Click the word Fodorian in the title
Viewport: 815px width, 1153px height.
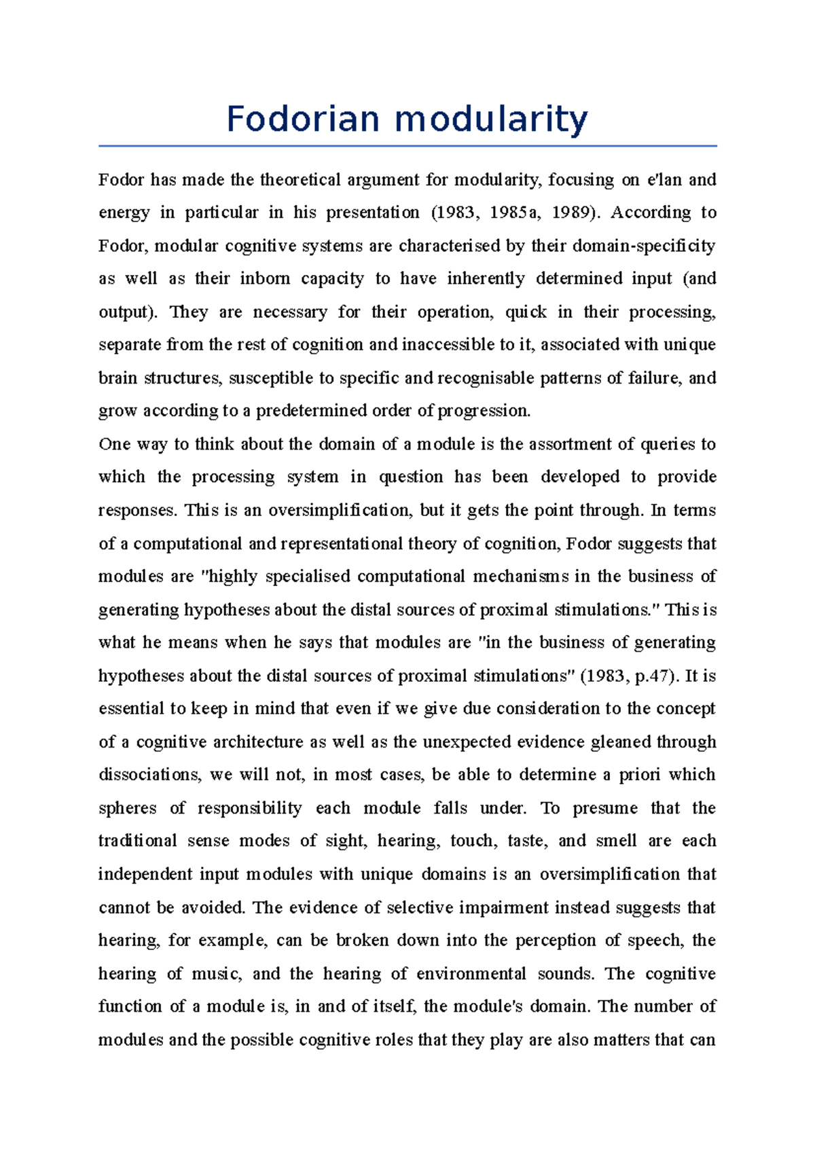click(303, 119)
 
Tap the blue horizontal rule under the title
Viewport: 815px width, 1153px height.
click(407, 145)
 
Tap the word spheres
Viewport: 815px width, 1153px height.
click(128, 808)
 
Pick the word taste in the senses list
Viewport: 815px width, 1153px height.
click(525, 841)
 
